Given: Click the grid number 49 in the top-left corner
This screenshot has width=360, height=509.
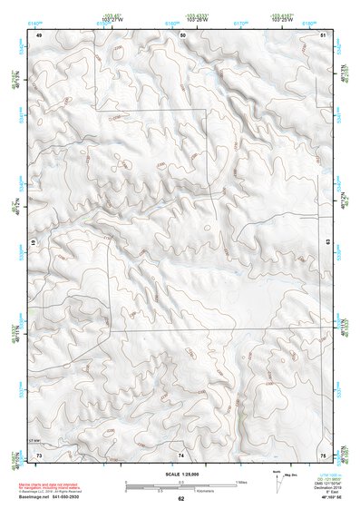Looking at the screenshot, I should (39, 34).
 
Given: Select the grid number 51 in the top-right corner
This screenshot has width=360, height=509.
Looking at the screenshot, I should (324, 34).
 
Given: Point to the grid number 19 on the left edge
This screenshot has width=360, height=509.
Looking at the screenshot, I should (34, 244).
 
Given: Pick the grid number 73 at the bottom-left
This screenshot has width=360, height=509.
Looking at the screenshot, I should (39, 455).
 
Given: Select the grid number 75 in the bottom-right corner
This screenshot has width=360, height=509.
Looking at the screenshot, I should (324, 455).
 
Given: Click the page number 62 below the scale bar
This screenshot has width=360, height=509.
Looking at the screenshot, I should (180, 499).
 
